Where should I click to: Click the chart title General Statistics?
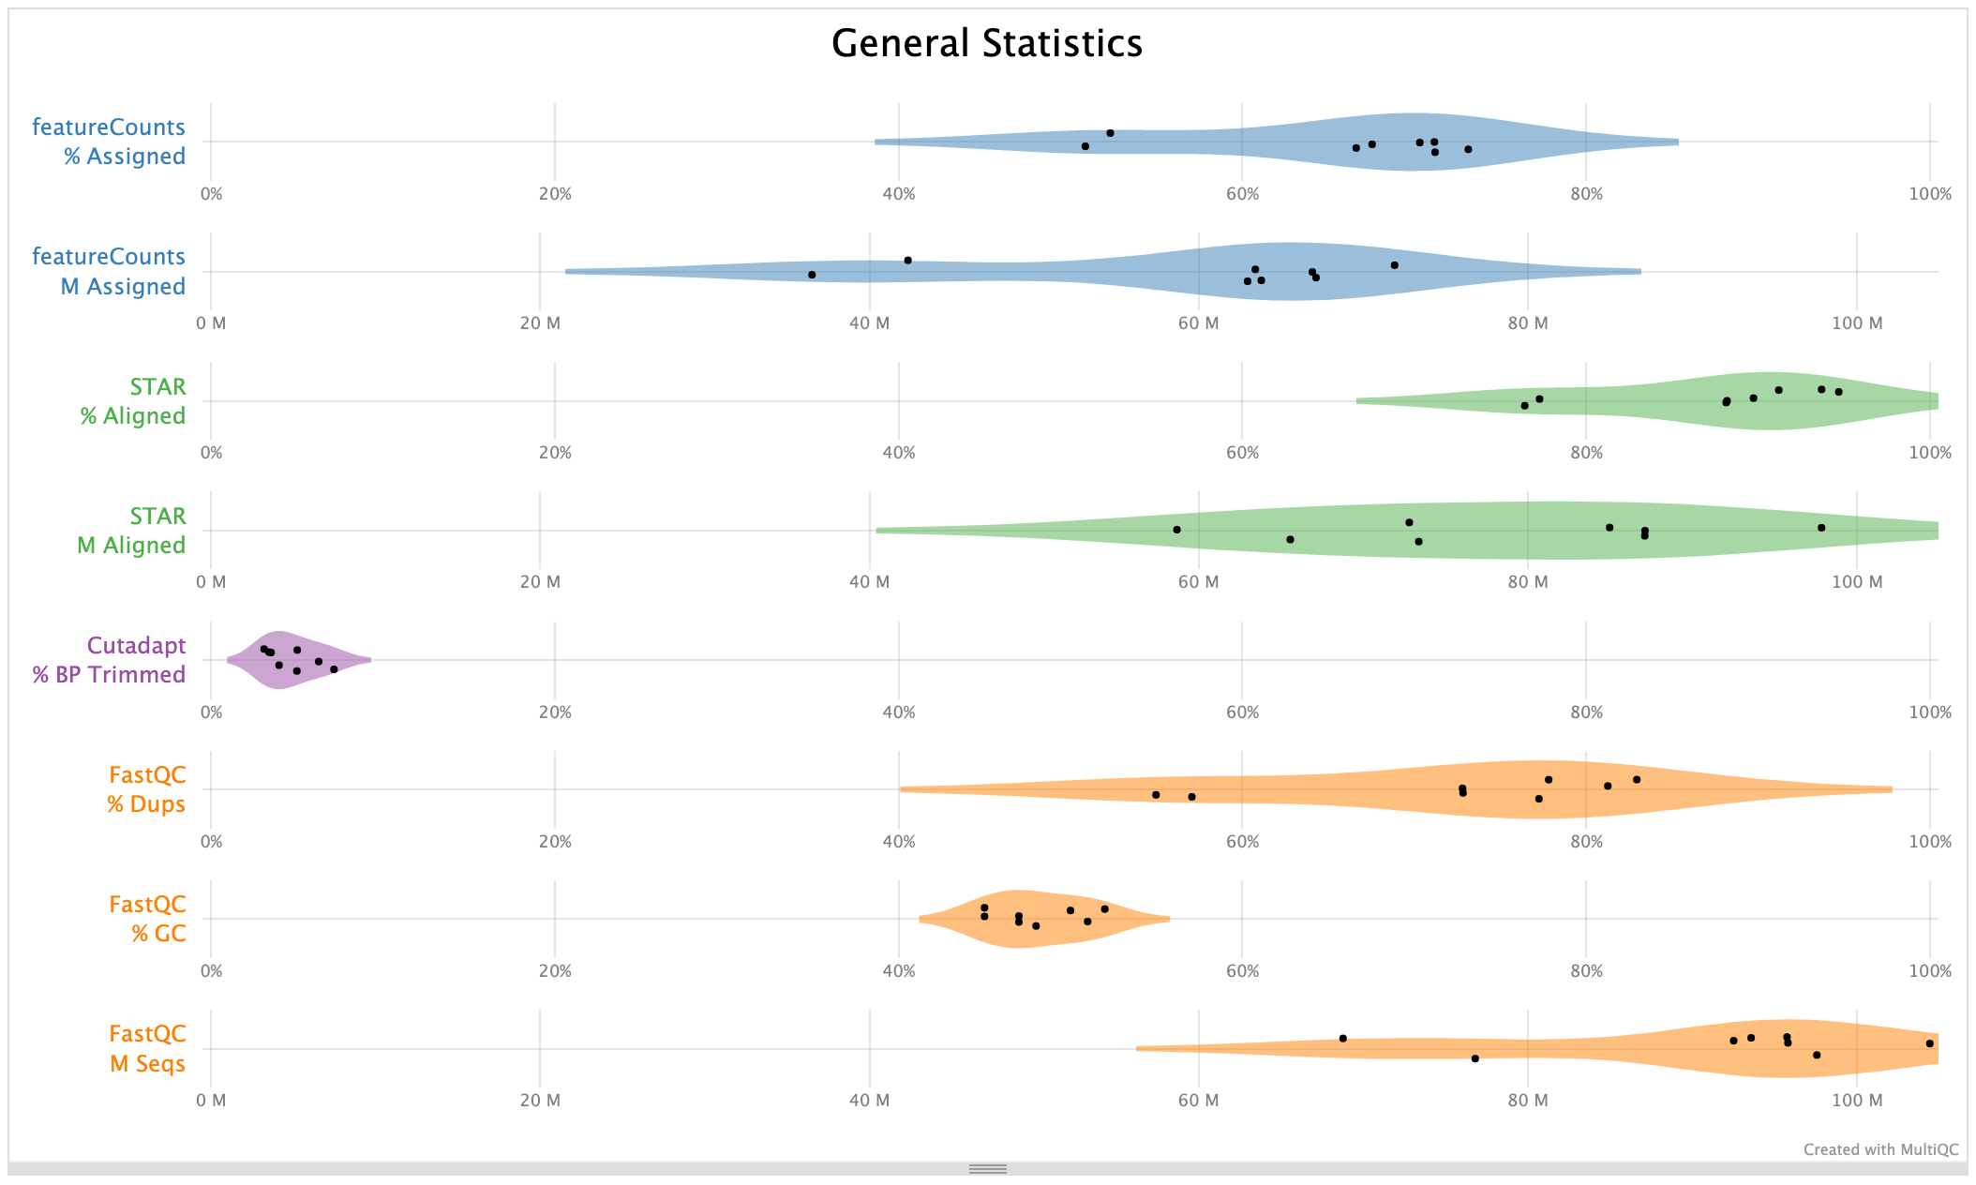pyautogui.click(x=987, y=44)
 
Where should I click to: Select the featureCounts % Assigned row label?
pyautogui.click(x=109, y=142)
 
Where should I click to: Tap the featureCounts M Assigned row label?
pyautogui.click(x=109, y=271)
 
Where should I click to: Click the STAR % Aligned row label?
pyautogui.click(x=132, y=401)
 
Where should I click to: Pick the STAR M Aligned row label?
pyautogui.click(x=131, y=531)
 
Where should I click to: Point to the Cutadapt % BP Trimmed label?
pyautogui.click(x=109, y=660)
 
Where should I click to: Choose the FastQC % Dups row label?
pyautogui.click(x=146, y=789)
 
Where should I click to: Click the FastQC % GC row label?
pyautogui.click(x=147, y=919)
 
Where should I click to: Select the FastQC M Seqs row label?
pyautogui.click(x=147, y=1048)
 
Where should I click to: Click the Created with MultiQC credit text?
pyautogui.click(x=1880, y=1149)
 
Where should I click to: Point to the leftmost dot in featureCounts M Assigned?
pyautogui.click(x=812, y=275)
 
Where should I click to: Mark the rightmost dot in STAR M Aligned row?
pyautogui.click(x=1821, y=528)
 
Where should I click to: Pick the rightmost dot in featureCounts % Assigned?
pyautogui.click(x=1468, y=149)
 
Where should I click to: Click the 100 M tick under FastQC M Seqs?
pyautogui.click(x=1856, y=1101)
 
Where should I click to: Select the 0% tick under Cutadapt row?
pyautogui.click(x=211, y=712)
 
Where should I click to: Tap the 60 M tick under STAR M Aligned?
pyautogui.click(x=1198, y=582)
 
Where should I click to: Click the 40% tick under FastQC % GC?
pyautogui.click(x=898, y=971)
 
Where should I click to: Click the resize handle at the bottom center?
pyautogui.click(x=988, y=1169)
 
